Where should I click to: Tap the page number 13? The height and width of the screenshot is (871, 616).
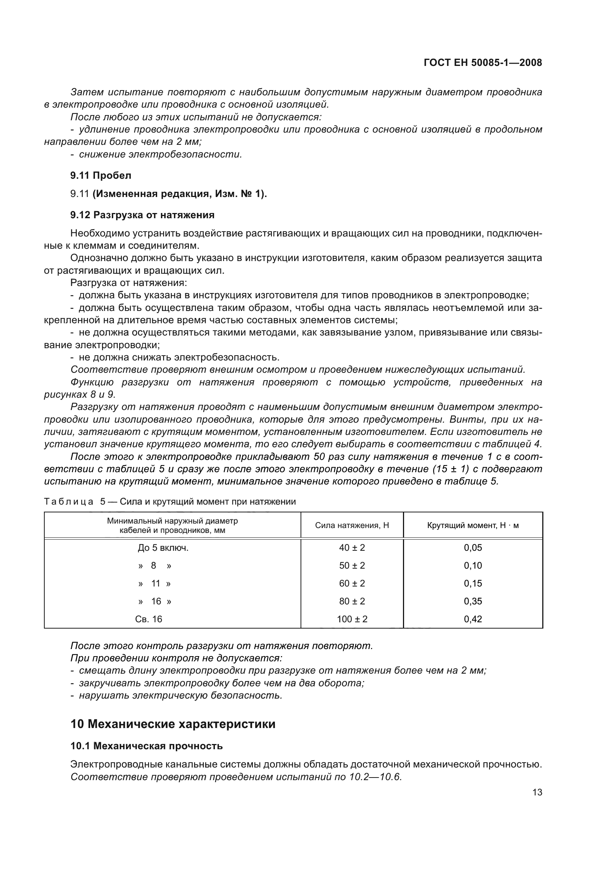(x=537, y=792)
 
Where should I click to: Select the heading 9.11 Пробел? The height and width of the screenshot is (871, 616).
(x=101, y=175)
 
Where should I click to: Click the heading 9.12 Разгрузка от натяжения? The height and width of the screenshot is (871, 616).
(x=142, y=215)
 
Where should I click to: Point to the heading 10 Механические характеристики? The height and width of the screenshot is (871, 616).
(x=173, y=724)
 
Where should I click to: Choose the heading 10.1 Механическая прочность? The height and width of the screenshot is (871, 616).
(x=146, y=746)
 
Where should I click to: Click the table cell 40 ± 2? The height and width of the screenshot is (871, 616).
(x=352, y=548)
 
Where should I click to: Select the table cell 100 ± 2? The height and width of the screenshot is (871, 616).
(x=352, y=619)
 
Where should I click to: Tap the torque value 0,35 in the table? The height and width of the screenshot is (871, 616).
(x=473, y=601)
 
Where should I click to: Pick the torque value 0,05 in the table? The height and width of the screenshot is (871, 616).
(x=473, y=548)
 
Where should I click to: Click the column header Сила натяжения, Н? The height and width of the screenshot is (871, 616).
(x=352, y=525)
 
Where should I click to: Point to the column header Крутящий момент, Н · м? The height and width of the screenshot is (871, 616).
(x=473, y=525)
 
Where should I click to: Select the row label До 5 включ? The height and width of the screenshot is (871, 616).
(x=163, y=548)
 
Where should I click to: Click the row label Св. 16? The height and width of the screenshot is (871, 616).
(x=149, y=619)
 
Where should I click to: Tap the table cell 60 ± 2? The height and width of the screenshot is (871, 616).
(x=352, y=584)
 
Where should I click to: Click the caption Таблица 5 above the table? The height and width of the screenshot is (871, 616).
(x=74, y=502)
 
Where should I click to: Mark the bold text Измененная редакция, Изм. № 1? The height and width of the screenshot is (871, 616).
(x=179, y=194)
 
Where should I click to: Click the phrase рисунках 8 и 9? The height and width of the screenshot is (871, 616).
(x=80, y=394)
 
